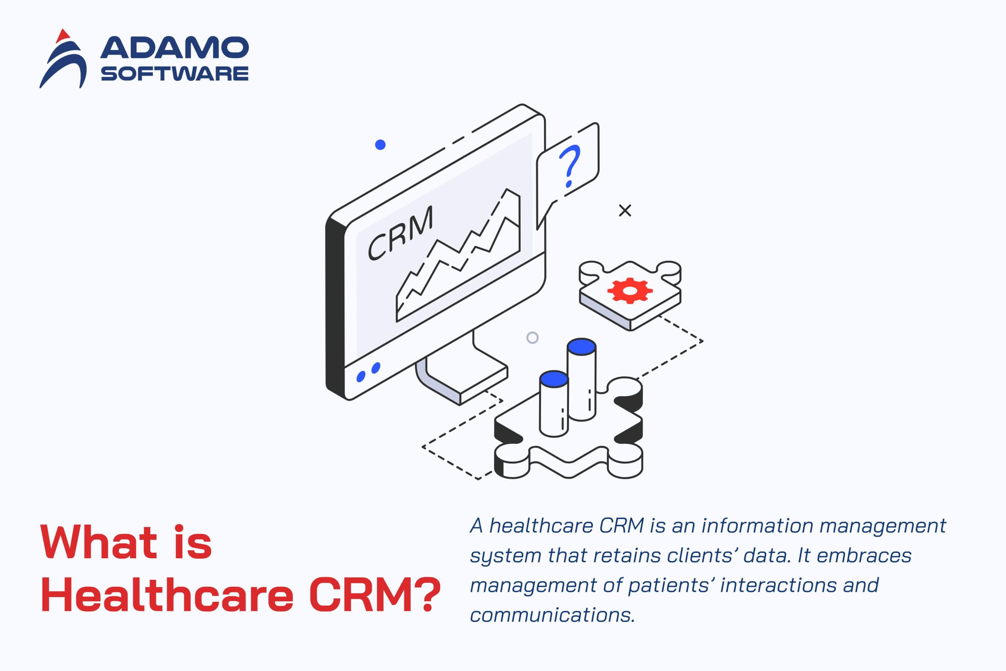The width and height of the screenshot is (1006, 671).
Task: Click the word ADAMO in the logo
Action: pos(174,48)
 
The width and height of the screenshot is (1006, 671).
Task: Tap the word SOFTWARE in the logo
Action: pos(174,74)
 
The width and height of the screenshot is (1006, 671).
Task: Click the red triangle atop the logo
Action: pos(63,36)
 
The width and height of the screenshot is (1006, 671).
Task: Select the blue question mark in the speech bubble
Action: pos(570,166)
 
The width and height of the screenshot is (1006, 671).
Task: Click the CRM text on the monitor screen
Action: pos(401,233)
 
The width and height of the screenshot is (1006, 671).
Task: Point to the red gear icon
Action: pos(630,290)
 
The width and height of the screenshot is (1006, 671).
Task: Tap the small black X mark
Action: pos(625,211)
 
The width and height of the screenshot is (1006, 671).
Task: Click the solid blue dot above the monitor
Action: pos(380,145)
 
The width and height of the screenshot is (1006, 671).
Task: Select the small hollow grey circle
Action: pos(532,338)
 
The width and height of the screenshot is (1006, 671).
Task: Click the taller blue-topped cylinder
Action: pos(581,379)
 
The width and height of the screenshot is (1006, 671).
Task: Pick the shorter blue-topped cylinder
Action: pos(554,404)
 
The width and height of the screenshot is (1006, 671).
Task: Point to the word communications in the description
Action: pos(552,615)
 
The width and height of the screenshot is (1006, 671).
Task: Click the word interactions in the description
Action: pos(778,585)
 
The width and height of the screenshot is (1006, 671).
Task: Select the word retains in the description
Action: pos(627,555)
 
